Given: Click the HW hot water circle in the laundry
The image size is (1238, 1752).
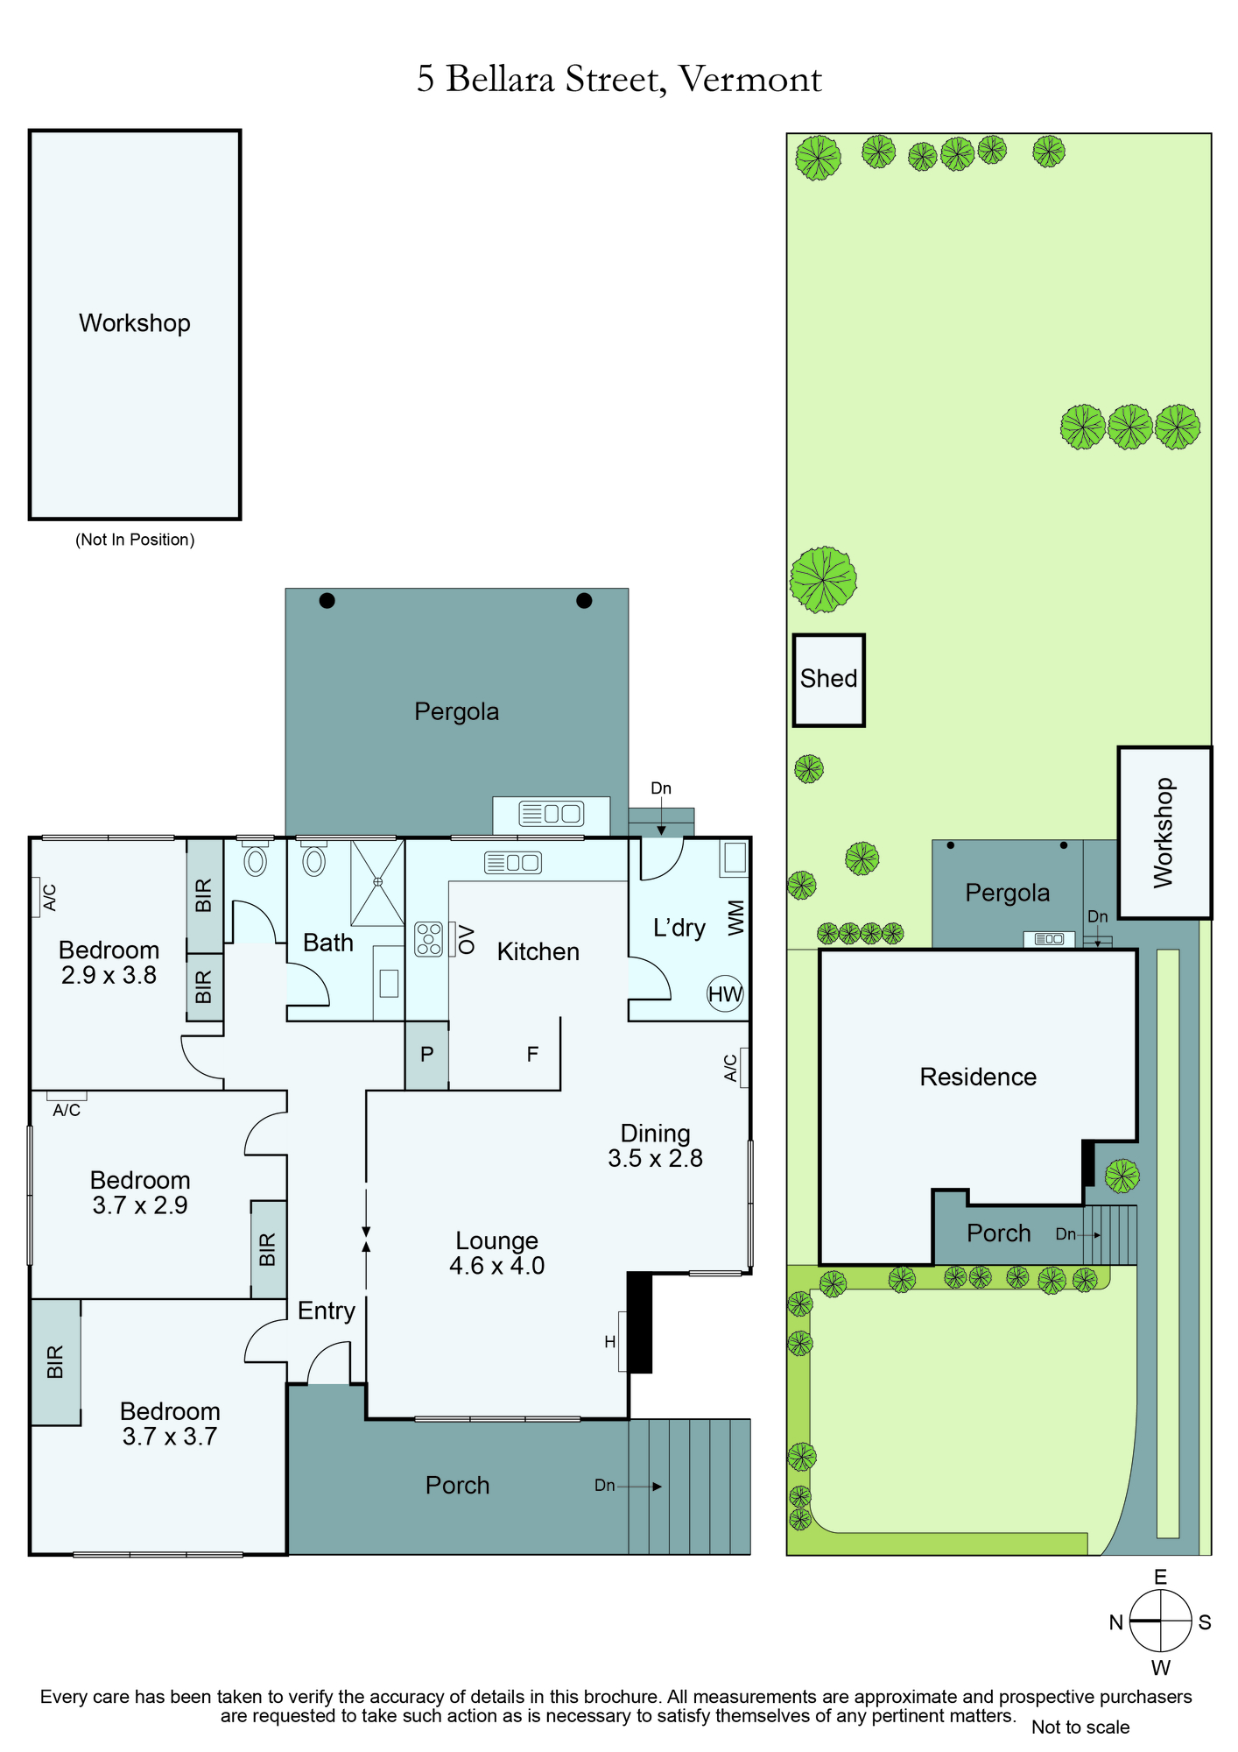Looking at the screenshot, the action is [725, 993].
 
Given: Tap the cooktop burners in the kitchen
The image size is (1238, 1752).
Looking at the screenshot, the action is [429, 939].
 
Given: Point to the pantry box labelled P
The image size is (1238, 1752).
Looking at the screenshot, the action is [426, 1056].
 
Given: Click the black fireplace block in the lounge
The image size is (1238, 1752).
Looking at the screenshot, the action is [640, 1323].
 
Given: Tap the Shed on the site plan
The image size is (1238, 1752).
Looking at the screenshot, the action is [829, 681].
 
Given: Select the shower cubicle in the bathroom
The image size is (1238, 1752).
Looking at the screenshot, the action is [377, 883].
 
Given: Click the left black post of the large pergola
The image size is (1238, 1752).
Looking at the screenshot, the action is [327, 601].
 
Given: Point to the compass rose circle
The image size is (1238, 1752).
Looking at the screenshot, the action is [1160, 1621].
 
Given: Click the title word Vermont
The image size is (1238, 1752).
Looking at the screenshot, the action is [750, 80].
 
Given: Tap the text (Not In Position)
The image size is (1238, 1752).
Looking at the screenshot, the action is [135, 540].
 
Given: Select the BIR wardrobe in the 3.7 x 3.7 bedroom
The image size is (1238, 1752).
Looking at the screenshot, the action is [56, 1362].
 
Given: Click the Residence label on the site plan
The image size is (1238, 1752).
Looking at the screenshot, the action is [978, 1077].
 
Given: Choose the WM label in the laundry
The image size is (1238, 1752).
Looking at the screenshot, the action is [735, 917].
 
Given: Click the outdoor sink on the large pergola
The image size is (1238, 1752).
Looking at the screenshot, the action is [551, 815].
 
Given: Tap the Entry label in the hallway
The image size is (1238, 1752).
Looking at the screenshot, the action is [327, 1310].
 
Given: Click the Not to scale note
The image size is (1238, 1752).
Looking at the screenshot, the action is [1080, 1727].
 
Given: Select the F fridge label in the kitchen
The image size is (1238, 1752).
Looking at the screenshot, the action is [532, 1055].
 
